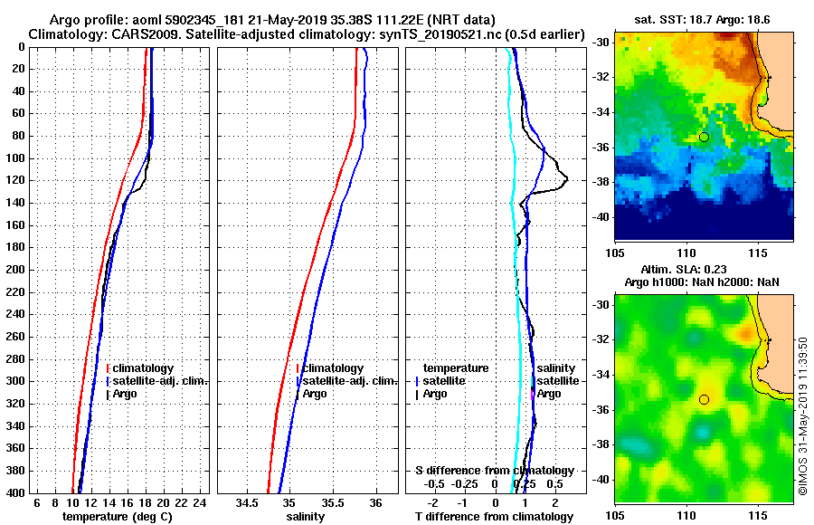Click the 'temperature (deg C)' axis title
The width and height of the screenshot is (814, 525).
[117, 517]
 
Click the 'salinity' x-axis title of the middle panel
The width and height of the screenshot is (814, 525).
[307, 517]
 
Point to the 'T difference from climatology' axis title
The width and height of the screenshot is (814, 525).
[495, 517]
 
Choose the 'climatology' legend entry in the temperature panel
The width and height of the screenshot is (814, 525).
[143, 368]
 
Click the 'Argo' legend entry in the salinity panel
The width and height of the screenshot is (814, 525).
[315, 394]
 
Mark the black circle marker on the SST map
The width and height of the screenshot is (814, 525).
[704, 137]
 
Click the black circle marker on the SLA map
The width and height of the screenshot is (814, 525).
[704, 399]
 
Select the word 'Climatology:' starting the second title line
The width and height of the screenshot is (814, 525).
[64, 33]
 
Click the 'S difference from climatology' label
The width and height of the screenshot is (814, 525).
[495, 471]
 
